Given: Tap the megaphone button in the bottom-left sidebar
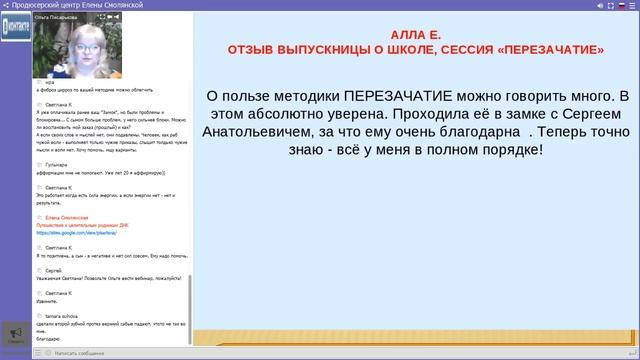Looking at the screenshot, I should pyautogui.click(x=15, y=335).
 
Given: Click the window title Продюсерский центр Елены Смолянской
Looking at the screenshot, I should pyautogui.click(x=75, y=5).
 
